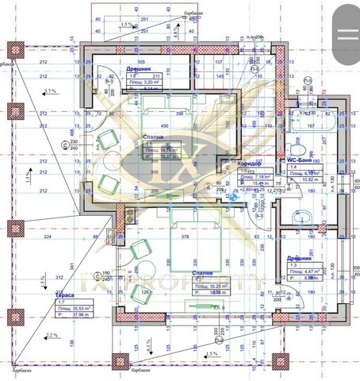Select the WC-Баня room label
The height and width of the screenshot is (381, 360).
point(304,160)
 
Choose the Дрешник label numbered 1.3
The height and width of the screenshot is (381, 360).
point(299,260)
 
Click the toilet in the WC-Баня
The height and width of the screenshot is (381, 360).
point(298,148)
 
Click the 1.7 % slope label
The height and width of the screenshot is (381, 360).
point(52,92)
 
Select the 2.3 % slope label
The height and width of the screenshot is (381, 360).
point(52,337)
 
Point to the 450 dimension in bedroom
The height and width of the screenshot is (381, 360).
point(165,125)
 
